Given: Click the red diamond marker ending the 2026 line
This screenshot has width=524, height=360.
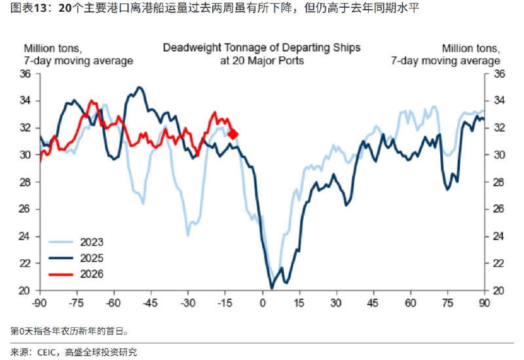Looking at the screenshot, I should [233, 134].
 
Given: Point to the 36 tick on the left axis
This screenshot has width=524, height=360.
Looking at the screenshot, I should [27, 74].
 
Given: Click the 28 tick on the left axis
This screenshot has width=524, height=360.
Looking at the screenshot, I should [27, 182].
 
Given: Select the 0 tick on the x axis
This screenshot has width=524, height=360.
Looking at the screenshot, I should [262, 303].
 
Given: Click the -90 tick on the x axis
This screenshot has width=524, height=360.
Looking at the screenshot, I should [40, 303].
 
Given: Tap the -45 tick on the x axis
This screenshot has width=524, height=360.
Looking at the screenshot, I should [151, 303].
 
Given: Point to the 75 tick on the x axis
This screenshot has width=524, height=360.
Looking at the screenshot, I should [447, 303].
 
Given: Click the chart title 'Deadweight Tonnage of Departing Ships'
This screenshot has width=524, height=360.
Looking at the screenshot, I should [261, 48].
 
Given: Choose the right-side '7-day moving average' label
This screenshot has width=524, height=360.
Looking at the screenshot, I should [445, 60].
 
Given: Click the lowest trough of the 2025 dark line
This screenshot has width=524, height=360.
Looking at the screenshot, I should [272, 287].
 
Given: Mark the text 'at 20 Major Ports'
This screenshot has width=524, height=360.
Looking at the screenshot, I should [261, 60].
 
